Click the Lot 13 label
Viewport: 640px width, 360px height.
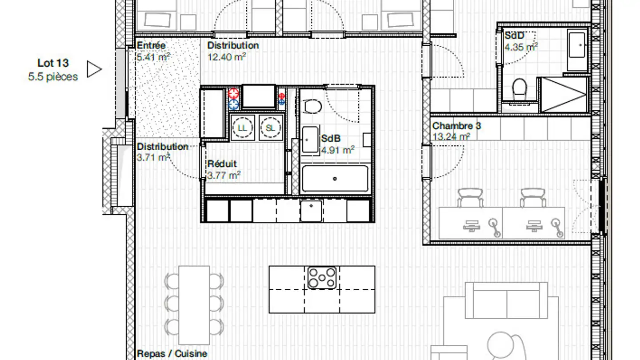click(x=53, y=64)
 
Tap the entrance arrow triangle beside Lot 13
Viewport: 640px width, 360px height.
click(x=93, y=69)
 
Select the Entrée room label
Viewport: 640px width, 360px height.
click(x=151, y=45)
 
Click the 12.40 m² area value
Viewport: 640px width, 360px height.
click(x=227, y=57)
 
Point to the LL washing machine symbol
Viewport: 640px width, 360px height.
click(x=242, y=128)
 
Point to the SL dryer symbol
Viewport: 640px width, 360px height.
click(x=270, y=128)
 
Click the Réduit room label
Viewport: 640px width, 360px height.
click(x=222, y=164)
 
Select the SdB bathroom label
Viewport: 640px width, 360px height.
click(x=331, y=139)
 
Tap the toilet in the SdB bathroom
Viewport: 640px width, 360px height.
click(x=313, y=106)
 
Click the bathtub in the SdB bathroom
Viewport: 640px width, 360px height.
click(x=335, y=179)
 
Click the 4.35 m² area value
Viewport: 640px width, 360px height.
click(x=521, y=47)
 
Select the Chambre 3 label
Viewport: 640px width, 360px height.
click(x=456, y=126)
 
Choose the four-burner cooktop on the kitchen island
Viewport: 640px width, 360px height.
click(x=322, y=277)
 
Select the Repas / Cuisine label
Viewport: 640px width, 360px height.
click(x=172, y=354)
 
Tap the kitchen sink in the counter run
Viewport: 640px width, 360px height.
click(x=311, y=211)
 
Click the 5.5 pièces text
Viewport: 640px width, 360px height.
click(x=53, y=76)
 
